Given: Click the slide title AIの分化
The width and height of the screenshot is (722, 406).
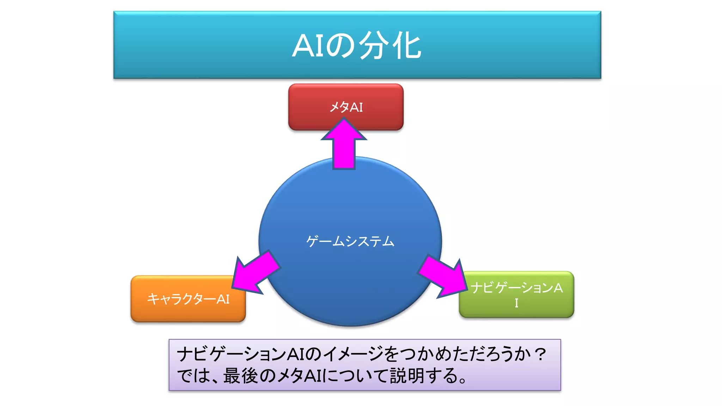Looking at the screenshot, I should click(x=357, y=46).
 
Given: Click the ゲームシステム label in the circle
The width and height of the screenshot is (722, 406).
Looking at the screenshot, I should click(x=350, y=241).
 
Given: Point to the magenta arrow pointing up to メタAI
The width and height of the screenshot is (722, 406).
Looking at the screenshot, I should click(x=344, y=144).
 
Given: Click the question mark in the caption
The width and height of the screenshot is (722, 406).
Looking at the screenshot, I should click(x=540, y=353).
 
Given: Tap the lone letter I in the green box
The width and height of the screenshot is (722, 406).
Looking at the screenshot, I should click(x=516, y=303).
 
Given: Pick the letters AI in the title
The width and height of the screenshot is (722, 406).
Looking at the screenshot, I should click(x=308, y=46).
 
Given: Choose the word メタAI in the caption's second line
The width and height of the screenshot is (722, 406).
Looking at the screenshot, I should click(x=300, y=376).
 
